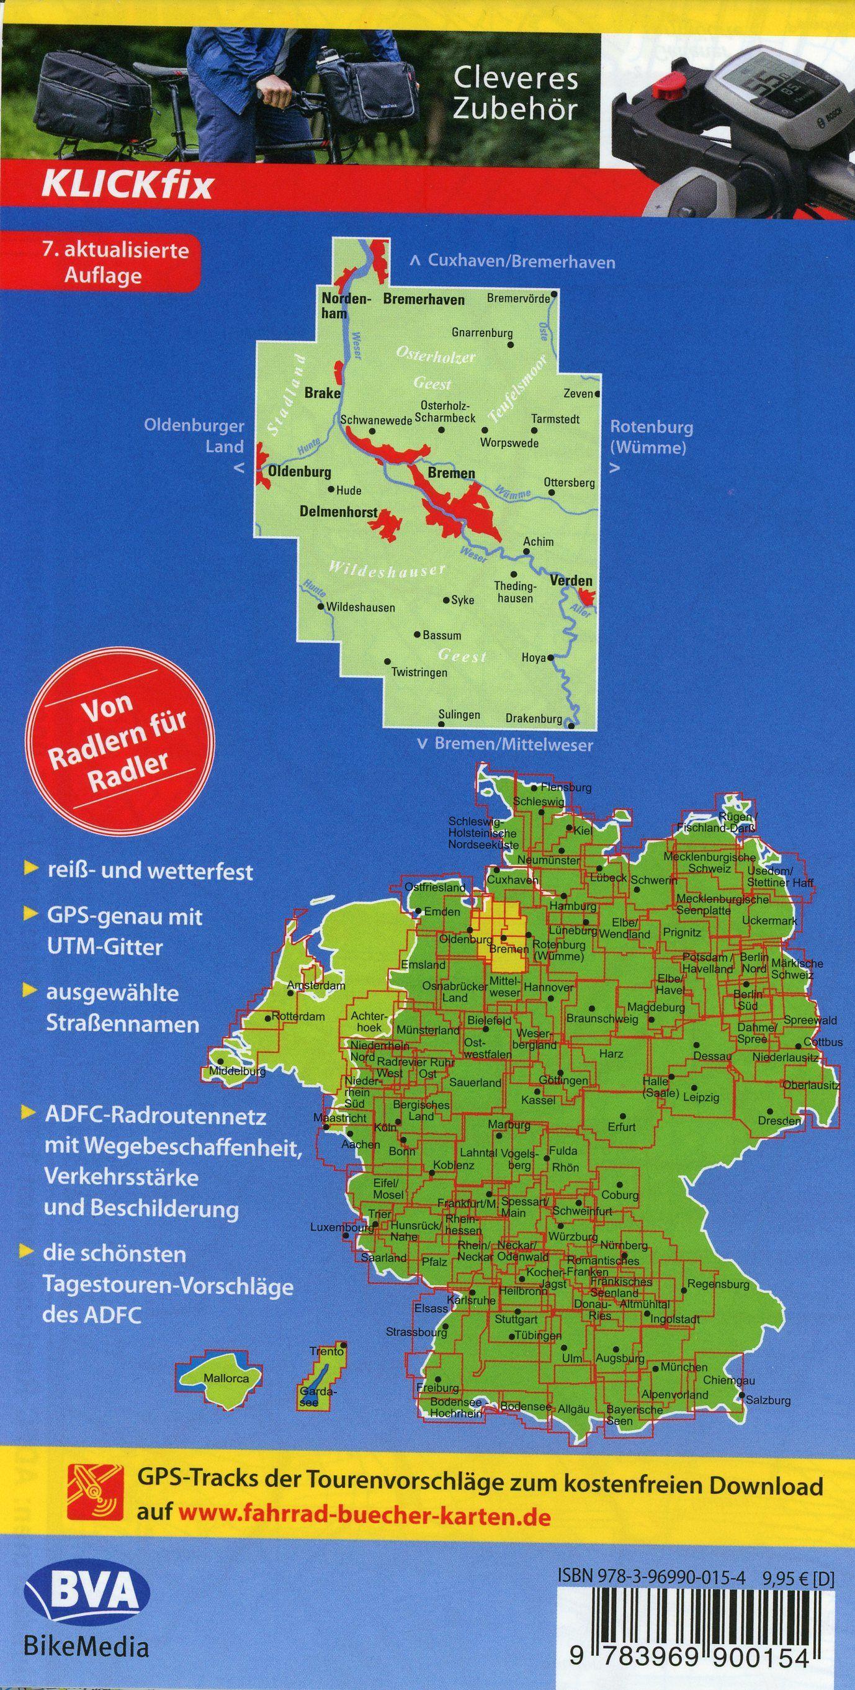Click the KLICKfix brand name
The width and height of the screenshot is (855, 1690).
tap(127, 185)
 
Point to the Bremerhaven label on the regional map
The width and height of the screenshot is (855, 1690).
tap(424, 300)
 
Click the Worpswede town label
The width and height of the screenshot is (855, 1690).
tap(509, 443)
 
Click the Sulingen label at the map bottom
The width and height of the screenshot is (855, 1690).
tap(459, 715)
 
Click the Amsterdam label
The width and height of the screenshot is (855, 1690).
tap(316, 985)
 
